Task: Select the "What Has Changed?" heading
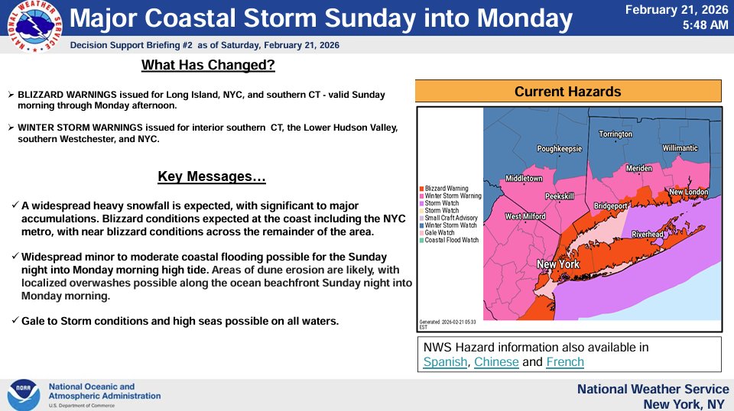tap(208, 65)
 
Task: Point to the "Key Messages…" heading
tap(212, 177)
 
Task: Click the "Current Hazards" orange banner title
tap(568, 92)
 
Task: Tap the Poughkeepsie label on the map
tap(560, 149)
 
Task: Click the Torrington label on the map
tap(615, 134)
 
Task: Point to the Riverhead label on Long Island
tap(652, 234)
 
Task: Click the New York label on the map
tap(558, 265)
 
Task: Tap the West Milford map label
tap(525, 217)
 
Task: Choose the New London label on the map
tap(688, 192)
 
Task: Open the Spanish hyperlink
tap(445, 362)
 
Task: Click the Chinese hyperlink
tap(497, 362)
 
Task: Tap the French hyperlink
tap(565, 362)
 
